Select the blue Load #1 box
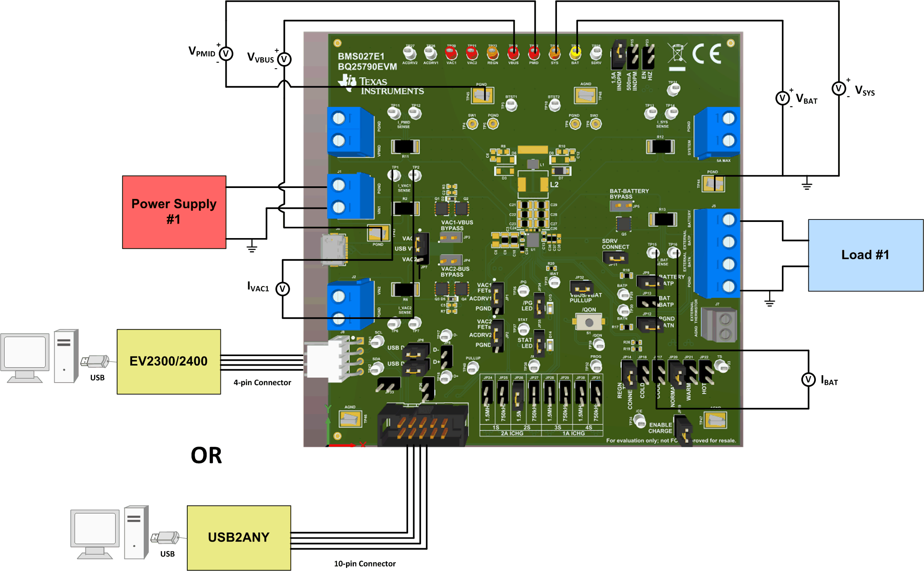coord(866,255)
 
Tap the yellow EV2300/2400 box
coord(169,361)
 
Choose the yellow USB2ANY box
coord(239,537)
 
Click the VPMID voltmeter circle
coord(226,53)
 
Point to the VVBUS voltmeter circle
coord(284,59)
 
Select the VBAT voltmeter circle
coord(782,98)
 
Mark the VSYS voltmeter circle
coord(839,88)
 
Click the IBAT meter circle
coord(808,379)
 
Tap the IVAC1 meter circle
coord(283,289)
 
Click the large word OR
coord(206,455)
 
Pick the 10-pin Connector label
coord(365,564)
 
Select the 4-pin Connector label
coord(262,383)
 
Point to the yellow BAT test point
coord(575,53)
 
